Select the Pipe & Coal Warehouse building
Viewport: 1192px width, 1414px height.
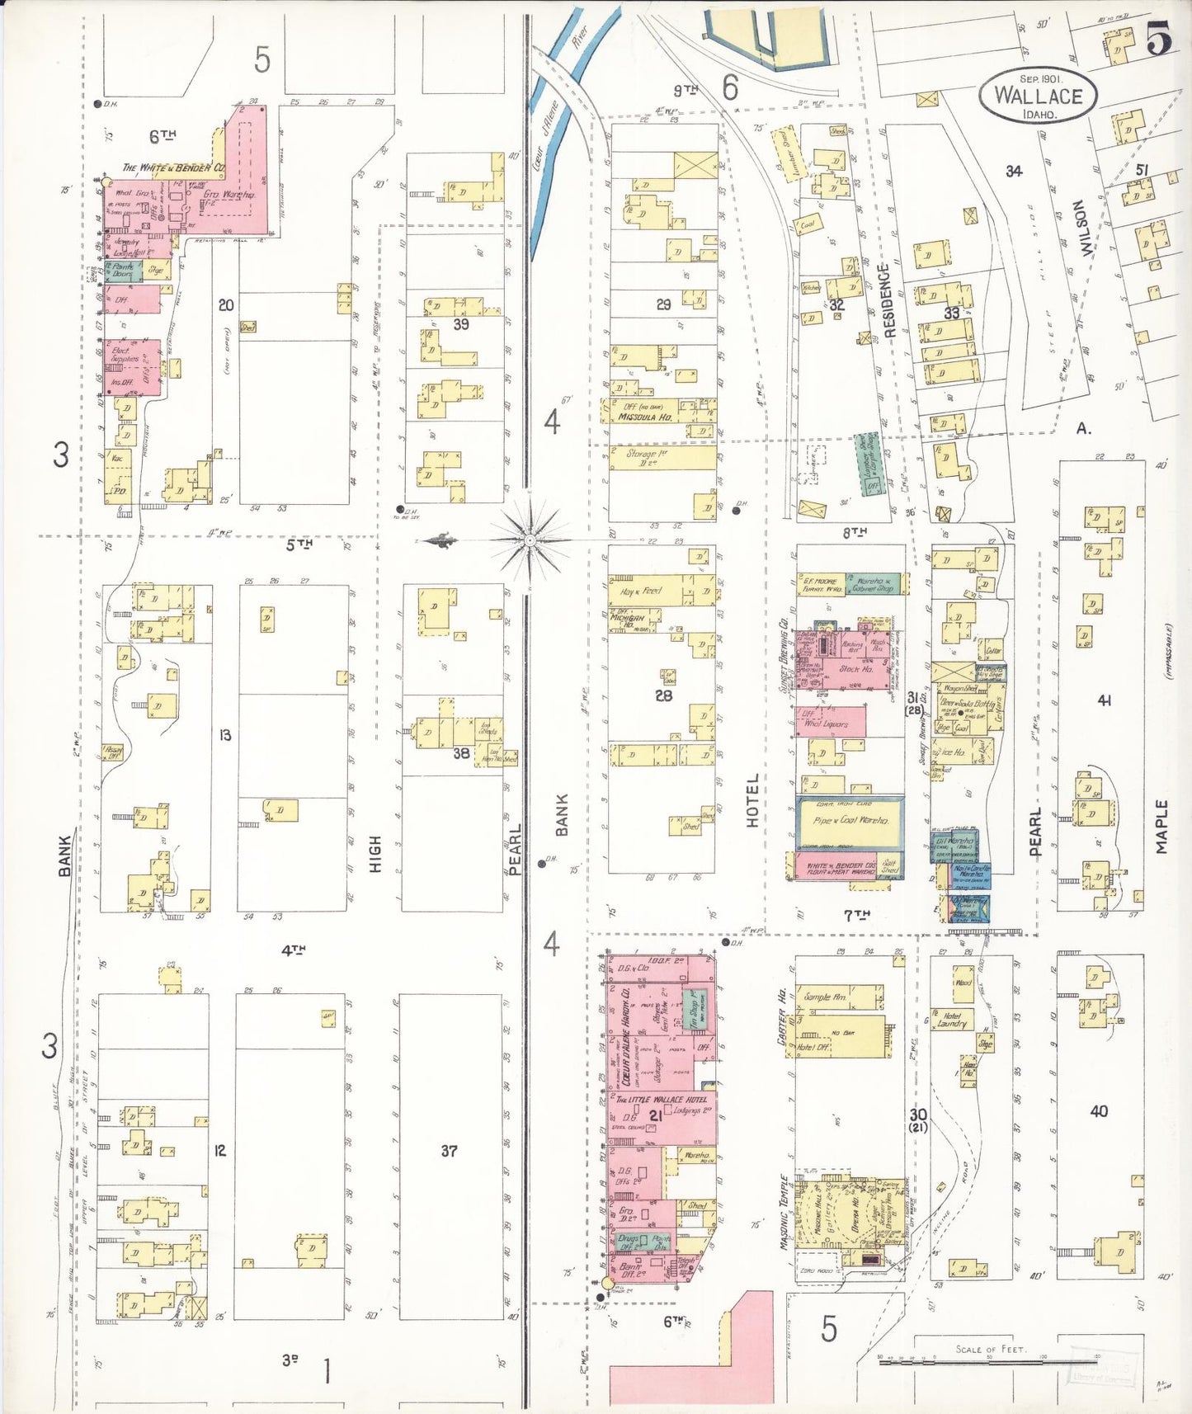tap(850, 822)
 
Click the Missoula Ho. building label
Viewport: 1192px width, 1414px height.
tap(645, 417)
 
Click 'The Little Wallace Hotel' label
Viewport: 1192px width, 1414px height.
tap(662, 1100)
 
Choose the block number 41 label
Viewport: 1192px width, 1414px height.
tap(1105, 700)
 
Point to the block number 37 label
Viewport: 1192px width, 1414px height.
tap(449, 1150)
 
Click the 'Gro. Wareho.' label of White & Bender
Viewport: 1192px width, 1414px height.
tap(229, 195)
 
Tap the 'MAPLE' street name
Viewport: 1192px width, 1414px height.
tap(1161, 825)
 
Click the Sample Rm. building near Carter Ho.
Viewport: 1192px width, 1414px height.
tap(825, 997)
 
